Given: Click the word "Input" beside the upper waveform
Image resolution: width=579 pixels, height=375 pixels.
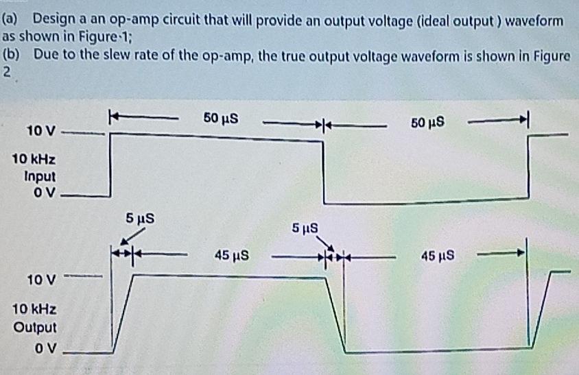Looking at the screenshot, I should tap(39, 176).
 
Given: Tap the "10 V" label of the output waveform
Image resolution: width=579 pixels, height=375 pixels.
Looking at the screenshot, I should tap(41, 280).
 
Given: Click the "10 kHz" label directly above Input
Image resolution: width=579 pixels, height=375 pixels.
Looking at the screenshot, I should tap(34, 160).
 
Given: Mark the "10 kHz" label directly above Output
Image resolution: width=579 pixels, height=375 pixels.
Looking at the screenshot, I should tap(34, 311).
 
